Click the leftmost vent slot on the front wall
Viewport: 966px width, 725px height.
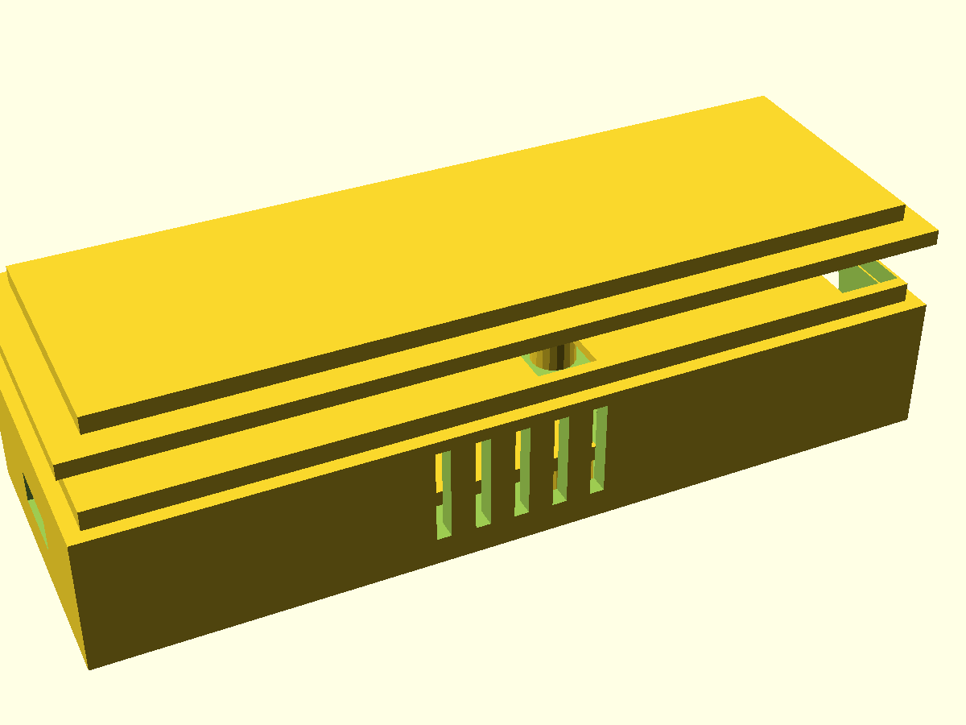click(443, 495)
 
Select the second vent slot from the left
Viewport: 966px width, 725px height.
click(483, 483)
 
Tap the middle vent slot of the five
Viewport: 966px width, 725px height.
click(522, 473)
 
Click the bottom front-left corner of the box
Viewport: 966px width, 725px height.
click(89, 668)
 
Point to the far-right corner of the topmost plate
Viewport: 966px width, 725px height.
click(763, 97)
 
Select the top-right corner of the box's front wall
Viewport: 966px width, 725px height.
click(924, 306)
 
